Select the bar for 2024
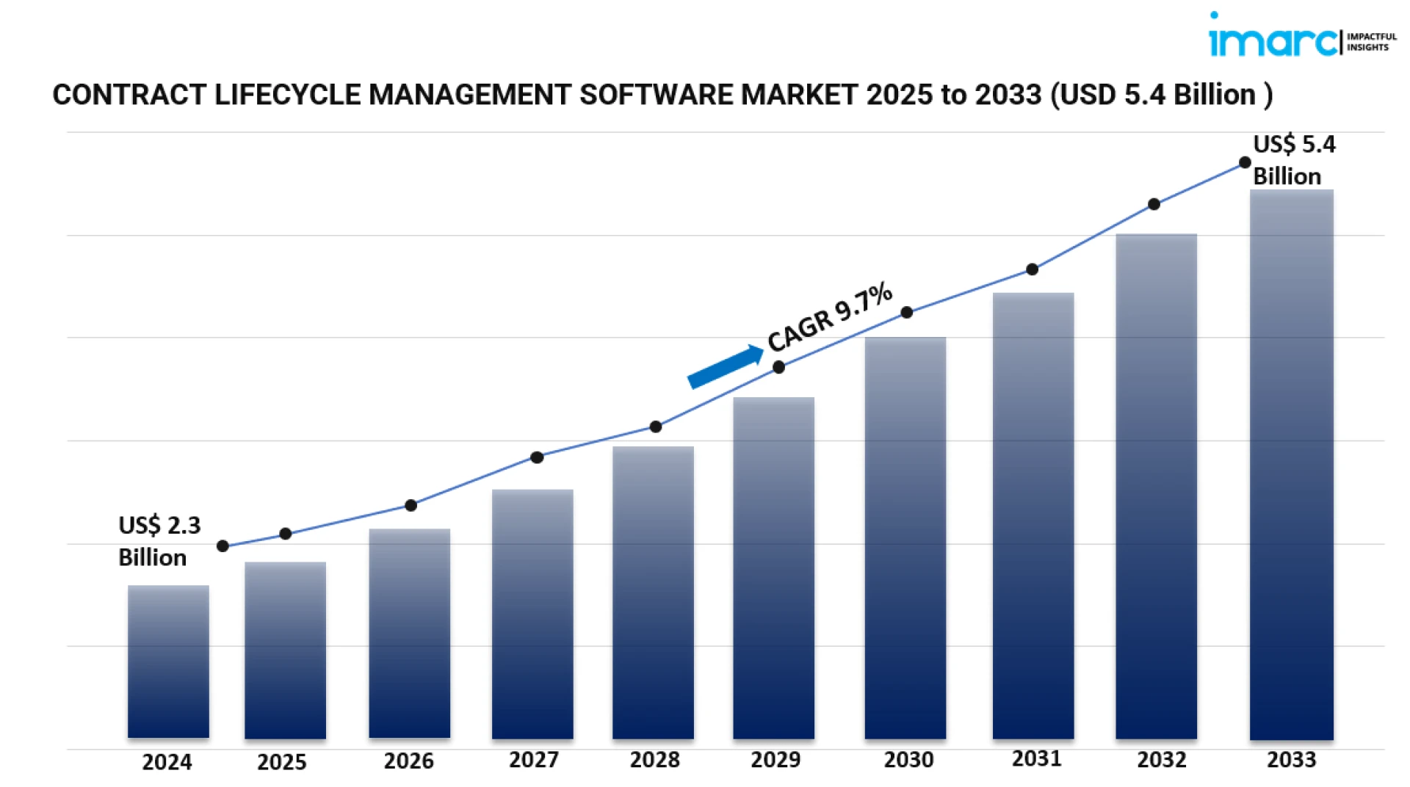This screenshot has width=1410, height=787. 168,661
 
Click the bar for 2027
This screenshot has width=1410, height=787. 532,613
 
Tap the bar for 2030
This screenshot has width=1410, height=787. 905,537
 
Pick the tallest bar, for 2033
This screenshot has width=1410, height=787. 1291,464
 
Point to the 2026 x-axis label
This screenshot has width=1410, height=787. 408,761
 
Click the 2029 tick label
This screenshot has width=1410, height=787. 775,759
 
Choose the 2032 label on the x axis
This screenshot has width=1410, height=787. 1161,759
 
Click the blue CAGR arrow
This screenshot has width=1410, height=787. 724,366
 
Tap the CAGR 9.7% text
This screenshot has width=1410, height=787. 830,316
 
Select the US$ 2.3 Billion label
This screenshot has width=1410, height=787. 159,541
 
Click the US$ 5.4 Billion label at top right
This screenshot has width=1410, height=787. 1293,160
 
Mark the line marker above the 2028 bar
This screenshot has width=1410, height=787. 656,427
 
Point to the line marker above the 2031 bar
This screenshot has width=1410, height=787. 1032,269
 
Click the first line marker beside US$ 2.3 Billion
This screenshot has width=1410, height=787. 223,545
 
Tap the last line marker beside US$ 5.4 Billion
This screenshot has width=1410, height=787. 1245,162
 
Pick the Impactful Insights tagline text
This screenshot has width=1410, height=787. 1371,42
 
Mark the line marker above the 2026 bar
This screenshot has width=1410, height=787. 411,505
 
